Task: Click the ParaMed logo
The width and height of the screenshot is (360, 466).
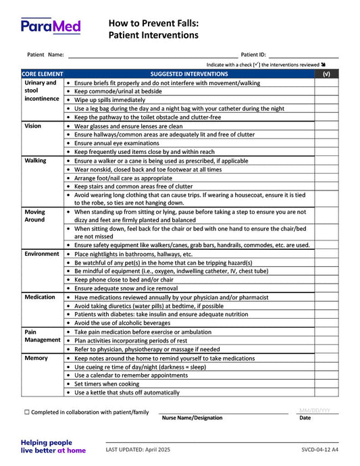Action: pos(51,26)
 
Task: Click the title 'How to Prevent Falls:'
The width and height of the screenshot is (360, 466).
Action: pos(153,23)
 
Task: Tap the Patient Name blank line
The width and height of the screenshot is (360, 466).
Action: pos(152,54)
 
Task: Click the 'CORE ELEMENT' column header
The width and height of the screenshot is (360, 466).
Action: pos(42,74)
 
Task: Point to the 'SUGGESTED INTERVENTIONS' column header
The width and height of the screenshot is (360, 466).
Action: pos(189,74)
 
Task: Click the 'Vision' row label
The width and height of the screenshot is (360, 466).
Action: pos(32,126)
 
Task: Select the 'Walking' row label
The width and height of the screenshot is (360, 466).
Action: pos(35,161)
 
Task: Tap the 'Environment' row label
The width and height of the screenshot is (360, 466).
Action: pos(42,254)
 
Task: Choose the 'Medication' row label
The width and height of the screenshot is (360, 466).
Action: pos(40,297)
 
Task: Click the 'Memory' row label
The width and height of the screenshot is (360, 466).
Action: pos(36,358)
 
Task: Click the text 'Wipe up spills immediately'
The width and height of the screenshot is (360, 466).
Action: pos(109,100)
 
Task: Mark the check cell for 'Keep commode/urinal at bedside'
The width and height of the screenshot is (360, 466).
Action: pos(326,91)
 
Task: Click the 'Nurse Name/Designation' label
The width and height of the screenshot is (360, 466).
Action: pos(192,418)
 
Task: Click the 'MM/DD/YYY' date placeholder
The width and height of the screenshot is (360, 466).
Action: pos(314,410)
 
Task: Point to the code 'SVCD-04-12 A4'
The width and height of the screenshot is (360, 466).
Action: pos(320,450)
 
